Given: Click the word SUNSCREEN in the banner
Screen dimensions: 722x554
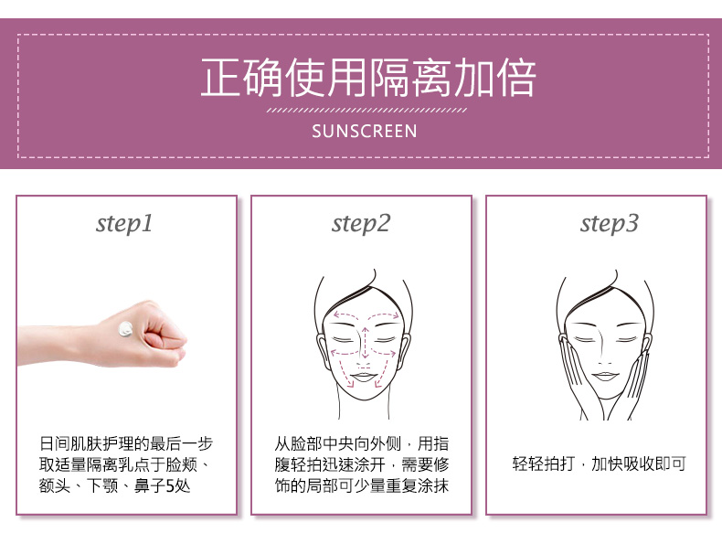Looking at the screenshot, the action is [x=365, y=132].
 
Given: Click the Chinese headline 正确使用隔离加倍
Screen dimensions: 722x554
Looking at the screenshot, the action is [x=368, y=78].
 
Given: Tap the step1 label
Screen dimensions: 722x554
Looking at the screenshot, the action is [x=124, y=224].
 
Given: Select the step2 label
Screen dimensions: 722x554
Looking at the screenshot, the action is [x=360, y=224].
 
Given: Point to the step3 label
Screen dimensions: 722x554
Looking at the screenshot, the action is [x=609, y=224].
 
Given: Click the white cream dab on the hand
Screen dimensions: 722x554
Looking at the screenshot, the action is [x=126, y=329].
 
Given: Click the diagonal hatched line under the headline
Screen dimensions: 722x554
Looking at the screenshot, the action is [x=366, y=111].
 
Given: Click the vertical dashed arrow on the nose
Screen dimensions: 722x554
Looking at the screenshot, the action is [x=366, y=343].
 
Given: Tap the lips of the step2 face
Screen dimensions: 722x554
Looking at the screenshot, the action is [x=364, y=378].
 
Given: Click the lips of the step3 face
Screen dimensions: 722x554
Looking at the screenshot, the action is [x=605, y=377].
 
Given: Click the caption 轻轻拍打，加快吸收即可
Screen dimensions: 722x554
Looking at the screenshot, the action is [x=599, y=463].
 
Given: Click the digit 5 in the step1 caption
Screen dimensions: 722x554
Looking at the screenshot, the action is [x=169, y=485].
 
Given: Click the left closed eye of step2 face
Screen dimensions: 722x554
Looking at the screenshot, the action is [x=341, y=340].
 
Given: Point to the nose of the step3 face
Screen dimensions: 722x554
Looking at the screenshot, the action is [x=604, y=350].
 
